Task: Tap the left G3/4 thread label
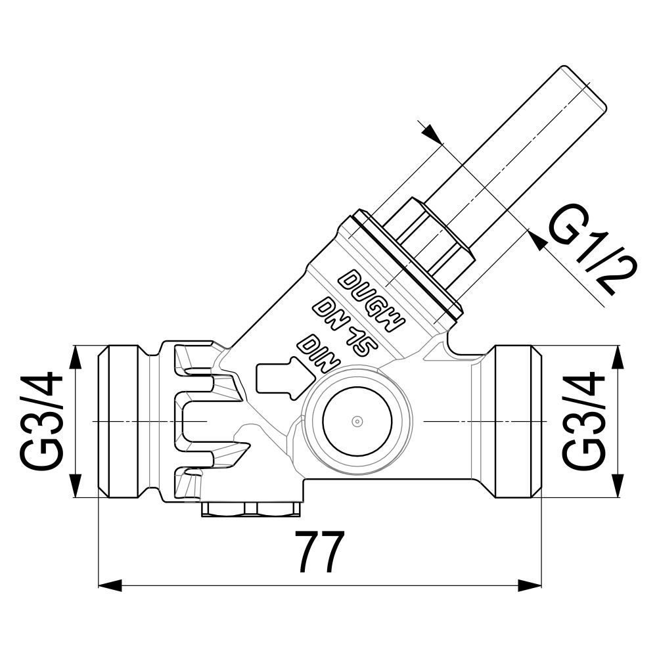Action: tap(41, 420)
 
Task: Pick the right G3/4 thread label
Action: tap(583, 420)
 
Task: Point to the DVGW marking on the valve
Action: tap(372, 300)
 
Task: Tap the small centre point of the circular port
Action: tap(357, 421)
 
